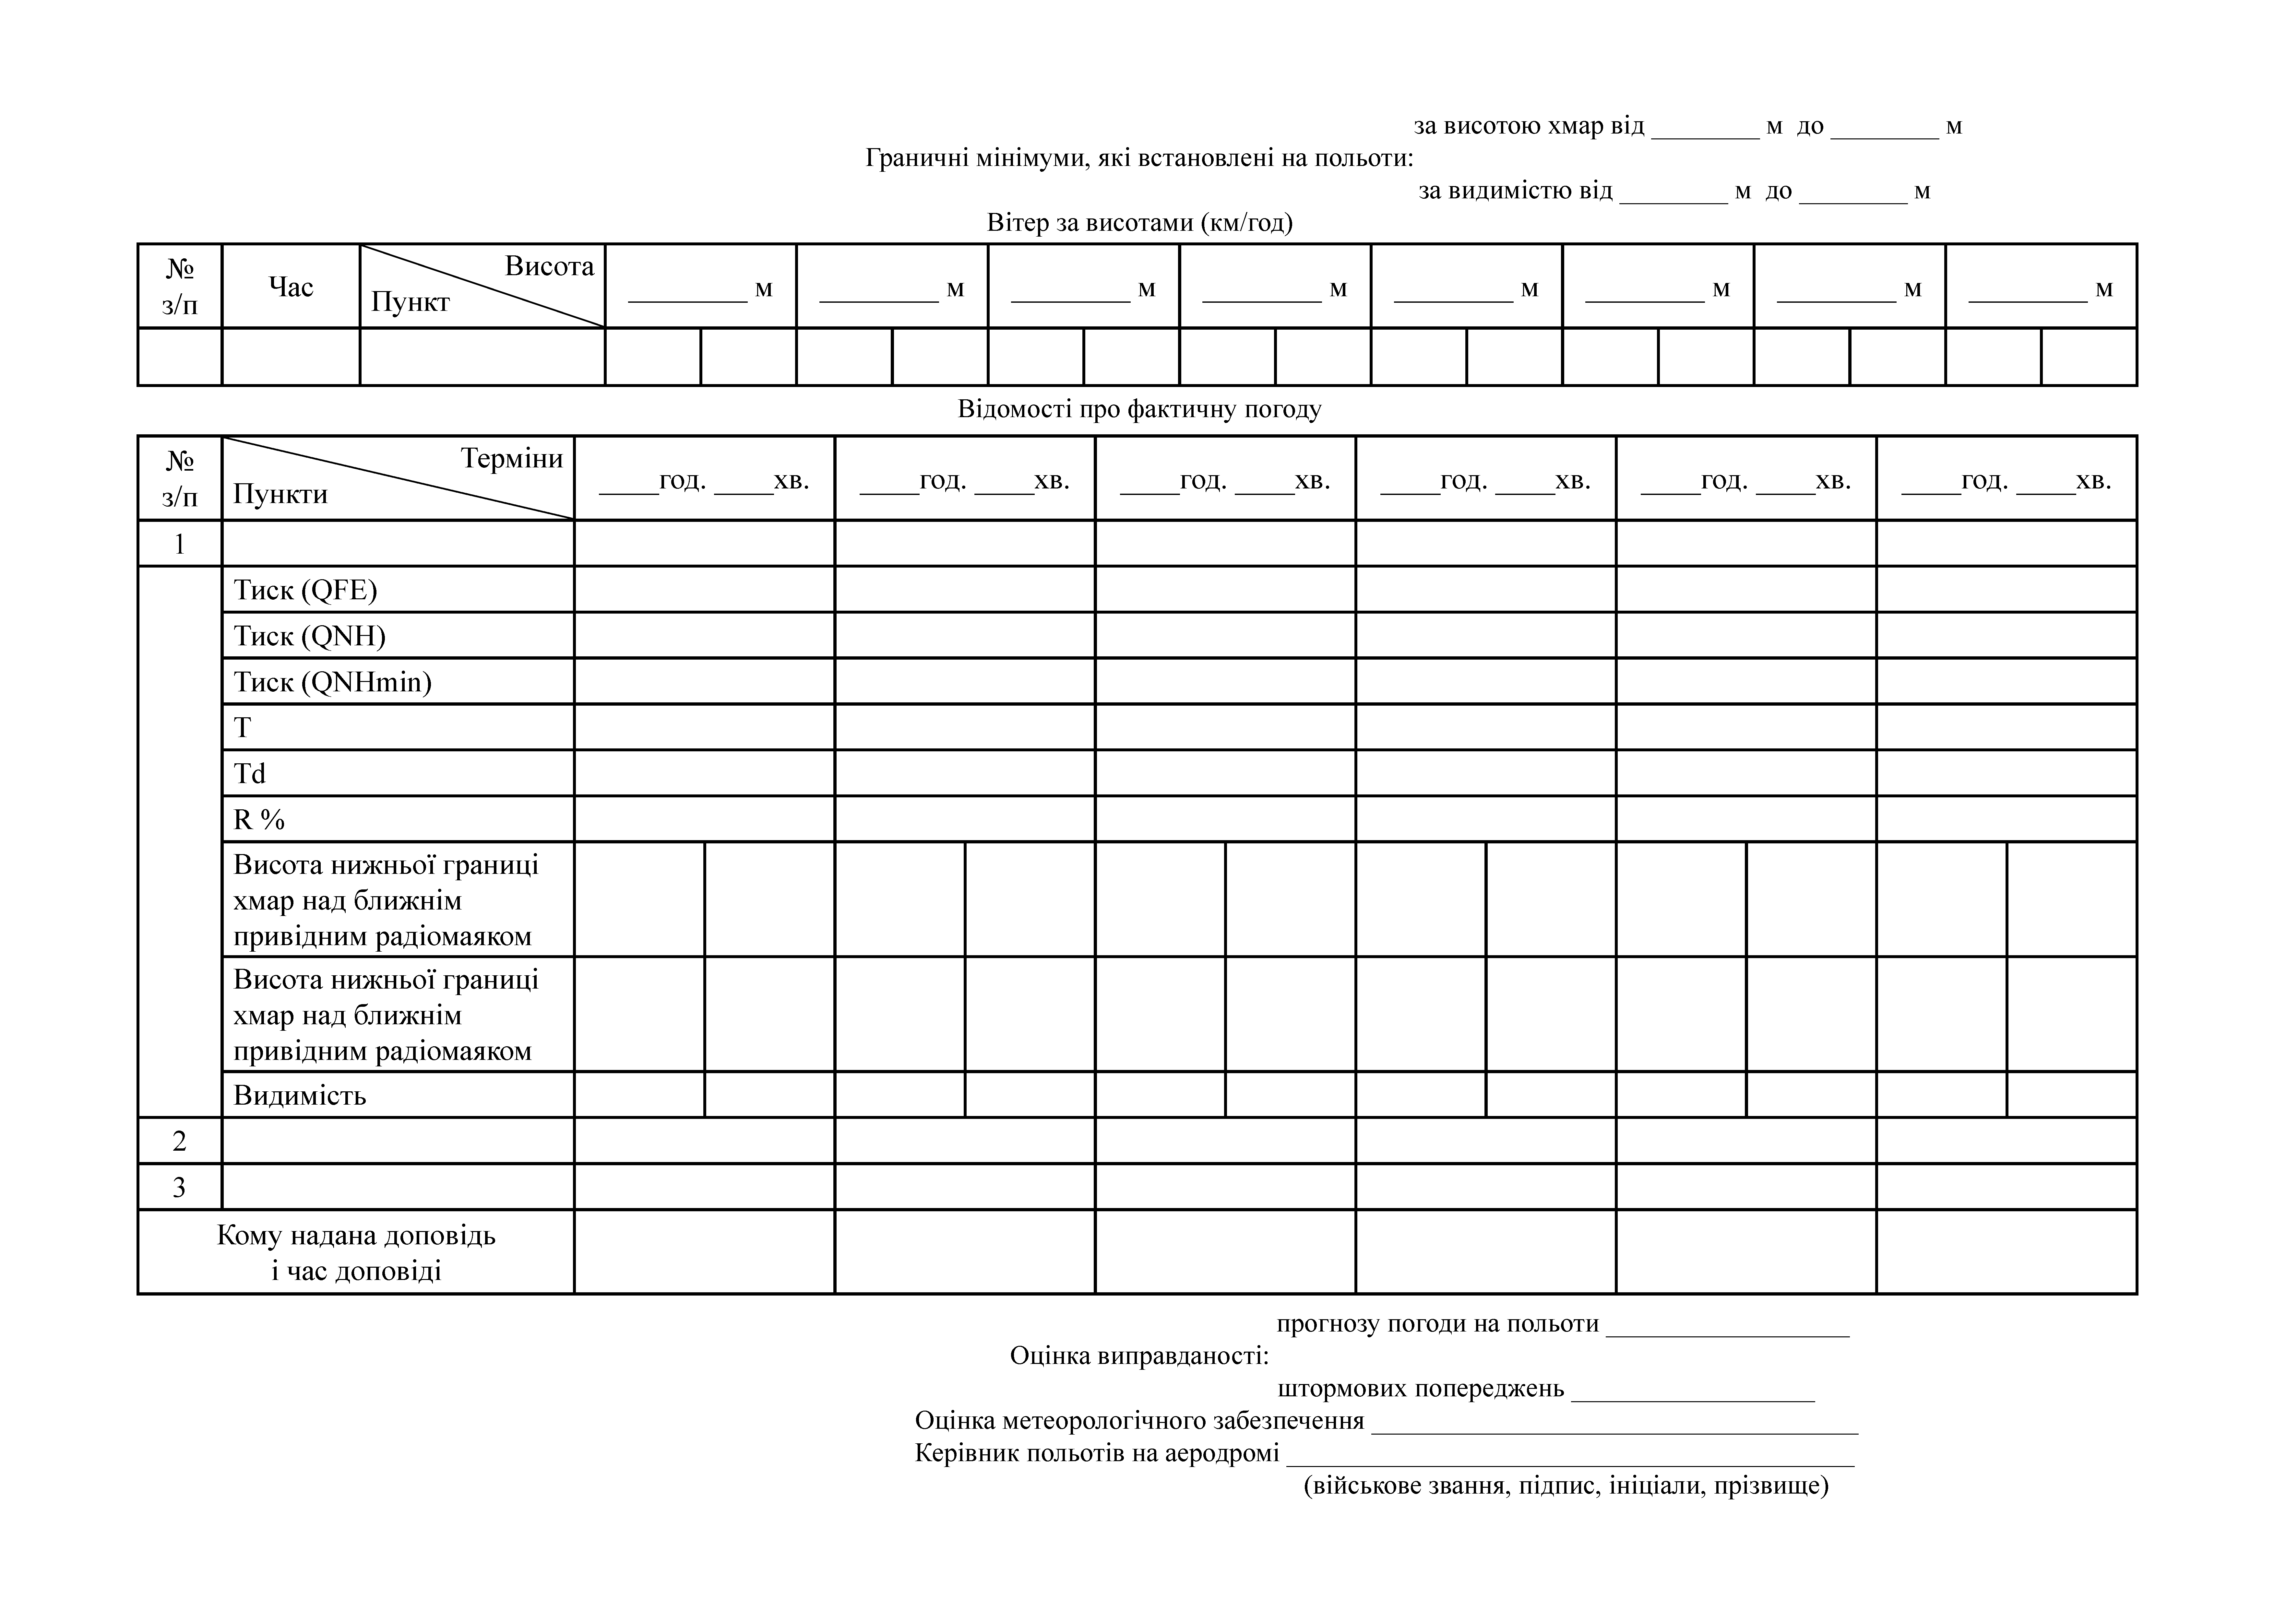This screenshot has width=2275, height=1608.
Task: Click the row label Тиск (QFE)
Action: pyautogui.click(x=305, y=591)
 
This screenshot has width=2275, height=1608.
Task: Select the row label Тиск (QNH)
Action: pyautogui.click(x=309, y=636)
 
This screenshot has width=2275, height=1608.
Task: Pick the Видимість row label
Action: pyautogui.click(x=299, y=1096)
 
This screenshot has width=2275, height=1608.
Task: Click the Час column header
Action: pyautogui.click(x=290, y=287)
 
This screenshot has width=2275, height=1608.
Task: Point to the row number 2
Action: pyautogui.click(x=179, y=1141)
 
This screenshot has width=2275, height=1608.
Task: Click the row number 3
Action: pyautogui.click(x=179, y=1187)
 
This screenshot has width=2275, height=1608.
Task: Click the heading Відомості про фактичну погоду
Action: pyautogui.click(x=1139, y=409)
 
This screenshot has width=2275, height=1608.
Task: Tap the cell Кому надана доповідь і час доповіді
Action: pyautogui.click(x=356, y=1253)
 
